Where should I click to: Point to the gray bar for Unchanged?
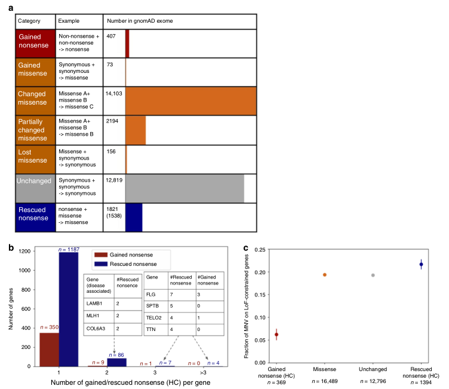coord(184,188)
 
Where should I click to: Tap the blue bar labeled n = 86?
coord(115,362)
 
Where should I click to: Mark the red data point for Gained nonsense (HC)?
coord(276,335)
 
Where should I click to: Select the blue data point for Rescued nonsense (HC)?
coord(422,264)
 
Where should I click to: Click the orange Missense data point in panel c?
coord(325,275)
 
